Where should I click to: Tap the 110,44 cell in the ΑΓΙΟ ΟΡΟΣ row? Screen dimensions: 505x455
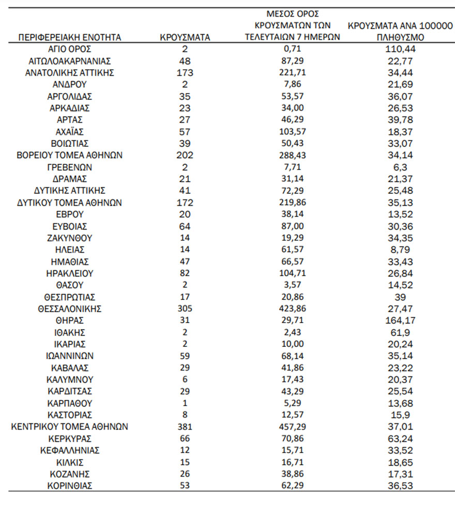pyautogui.click(x=402, y=49)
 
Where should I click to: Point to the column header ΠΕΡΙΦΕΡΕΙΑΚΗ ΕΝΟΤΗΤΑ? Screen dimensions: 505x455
pyautogui.click(x=70, y=37)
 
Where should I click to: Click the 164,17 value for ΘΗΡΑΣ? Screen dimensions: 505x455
pyautogui.click(x=402, y=320)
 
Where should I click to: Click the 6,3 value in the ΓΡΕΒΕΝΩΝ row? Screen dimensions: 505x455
pyautogui.click(x=402, y=167)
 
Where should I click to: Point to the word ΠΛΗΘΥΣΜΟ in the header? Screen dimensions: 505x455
pyautogui.click(x=402, y=38)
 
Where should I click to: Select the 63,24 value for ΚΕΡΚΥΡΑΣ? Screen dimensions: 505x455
pyautogui.click(x=402, y=438)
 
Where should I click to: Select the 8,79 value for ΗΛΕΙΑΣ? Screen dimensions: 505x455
pyautogui.click(x=402, y=250)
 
